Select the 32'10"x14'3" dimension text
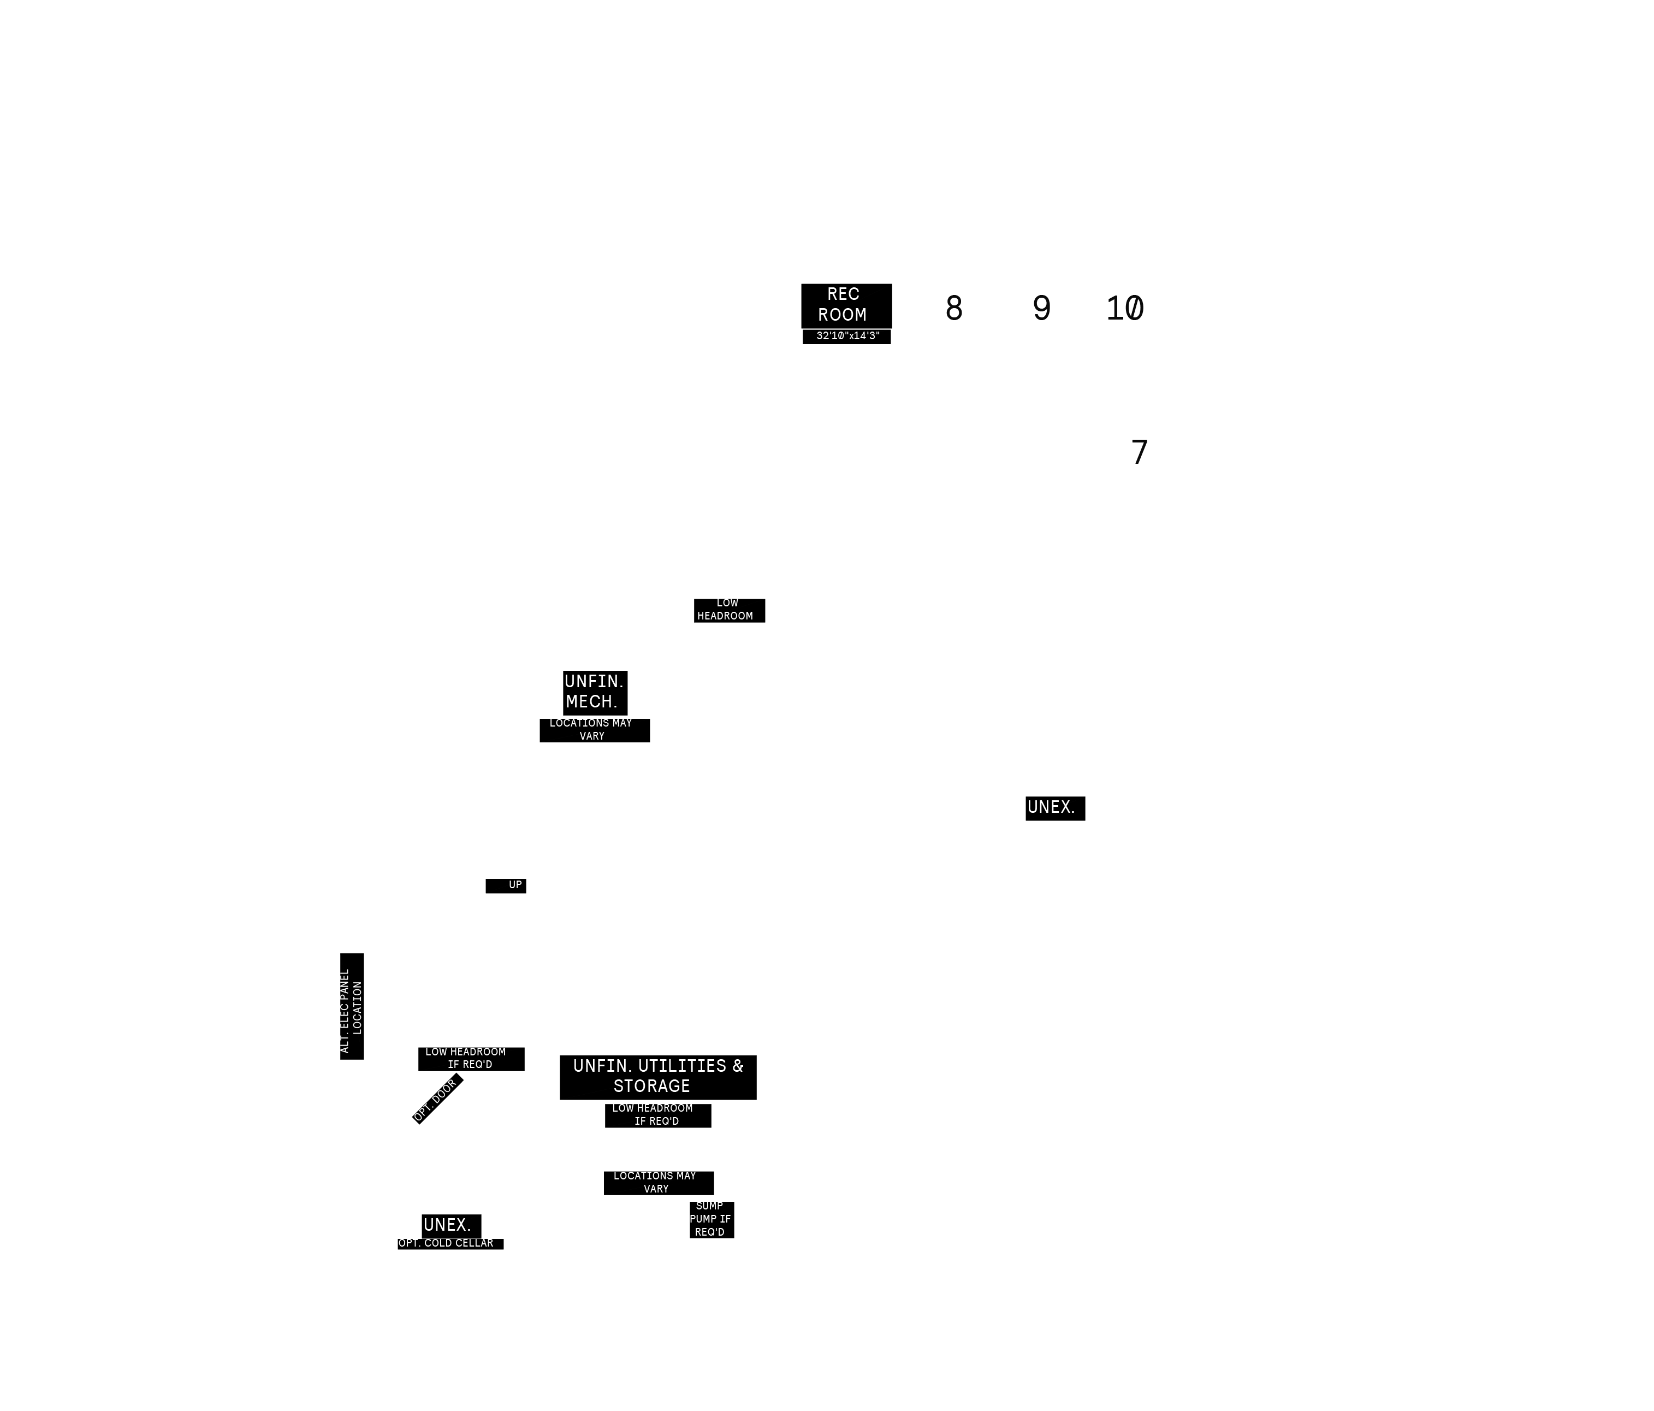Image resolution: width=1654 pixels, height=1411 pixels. (846, 336)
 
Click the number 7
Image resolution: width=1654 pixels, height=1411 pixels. (1139, 452)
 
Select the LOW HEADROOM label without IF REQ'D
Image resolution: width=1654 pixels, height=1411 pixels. (729, 610)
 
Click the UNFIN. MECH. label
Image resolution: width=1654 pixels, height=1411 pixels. (595, 692)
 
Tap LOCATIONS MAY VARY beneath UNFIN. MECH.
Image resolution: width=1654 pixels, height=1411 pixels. (594, 730)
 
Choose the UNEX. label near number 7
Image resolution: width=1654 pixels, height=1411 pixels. (1054, 808)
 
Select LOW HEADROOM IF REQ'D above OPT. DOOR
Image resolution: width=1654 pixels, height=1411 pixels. (471, 1059)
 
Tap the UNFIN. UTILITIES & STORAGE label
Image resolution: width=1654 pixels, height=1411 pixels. (658, 1077)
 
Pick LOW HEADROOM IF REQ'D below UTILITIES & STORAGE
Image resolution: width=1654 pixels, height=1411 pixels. (658, 1115)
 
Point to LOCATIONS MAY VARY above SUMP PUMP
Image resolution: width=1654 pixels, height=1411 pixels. (659, 1183)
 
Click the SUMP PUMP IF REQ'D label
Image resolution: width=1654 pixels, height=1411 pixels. (712, 1219)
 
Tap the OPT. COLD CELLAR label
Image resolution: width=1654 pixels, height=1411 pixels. (450, 1244)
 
